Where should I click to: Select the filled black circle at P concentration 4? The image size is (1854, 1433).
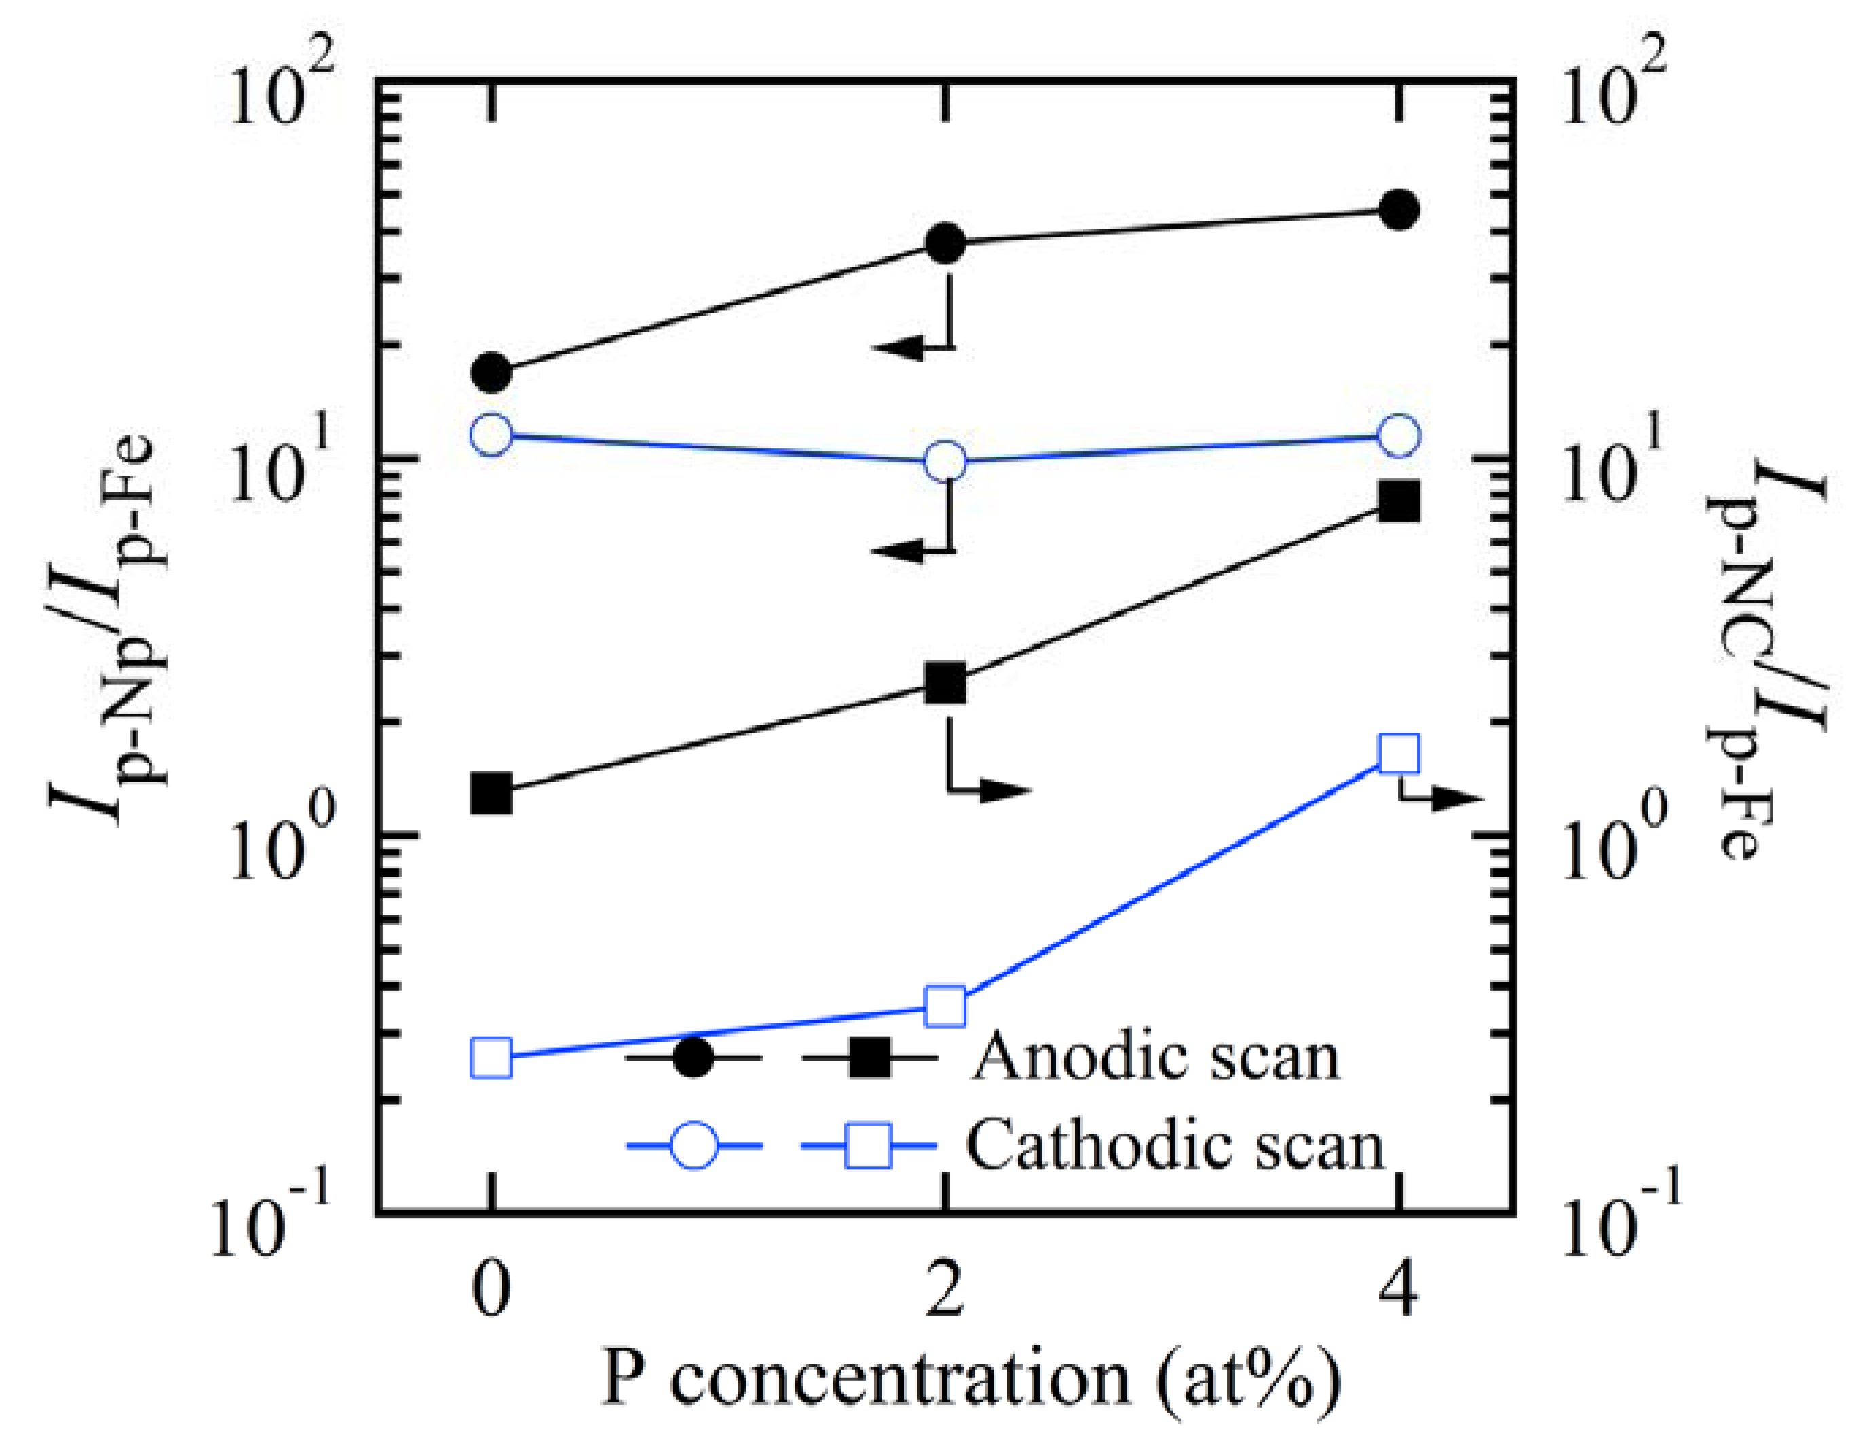pos(1399,210)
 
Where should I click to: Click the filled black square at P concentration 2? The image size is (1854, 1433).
pos(945,683)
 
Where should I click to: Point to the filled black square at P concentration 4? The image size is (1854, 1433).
pos(1399,501)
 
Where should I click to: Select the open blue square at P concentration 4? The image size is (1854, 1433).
pos(1399,754)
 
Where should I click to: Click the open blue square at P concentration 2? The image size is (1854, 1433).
pos(945,1007)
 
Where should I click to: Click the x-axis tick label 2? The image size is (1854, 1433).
pos(945,1288)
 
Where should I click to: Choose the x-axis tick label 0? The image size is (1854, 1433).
pos(491,1288)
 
